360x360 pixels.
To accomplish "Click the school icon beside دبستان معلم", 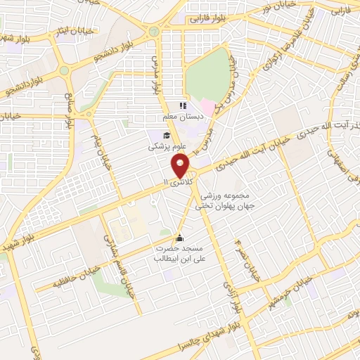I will (183, 105).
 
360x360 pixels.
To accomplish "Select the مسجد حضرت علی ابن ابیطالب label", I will (180, 254).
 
